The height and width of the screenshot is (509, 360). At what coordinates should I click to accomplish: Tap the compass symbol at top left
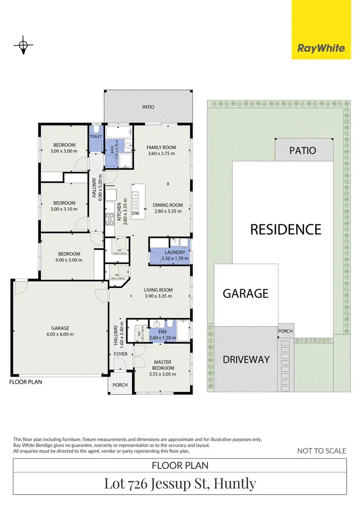tap(23, 46)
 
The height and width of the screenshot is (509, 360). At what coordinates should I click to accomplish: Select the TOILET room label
tap(96, 137)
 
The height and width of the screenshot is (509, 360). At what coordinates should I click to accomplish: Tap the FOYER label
tap(121, 354)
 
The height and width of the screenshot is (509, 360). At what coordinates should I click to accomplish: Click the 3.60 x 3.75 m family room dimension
tap(161, 154)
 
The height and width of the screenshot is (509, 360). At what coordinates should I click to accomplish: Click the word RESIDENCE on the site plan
tap(286, 229)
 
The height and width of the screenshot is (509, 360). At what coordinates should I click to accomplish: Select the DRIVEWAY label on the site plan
tap(246, 359)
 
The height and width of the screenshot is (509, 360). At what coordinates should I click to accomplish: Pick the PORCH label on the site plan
tap(285, 331)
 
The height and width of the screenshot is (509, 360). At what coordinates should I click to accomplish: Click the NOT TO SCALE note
tap(322, 450)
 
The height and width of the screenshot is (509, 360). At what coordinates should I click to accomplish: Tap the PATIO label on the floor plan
tap(148, 107)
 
